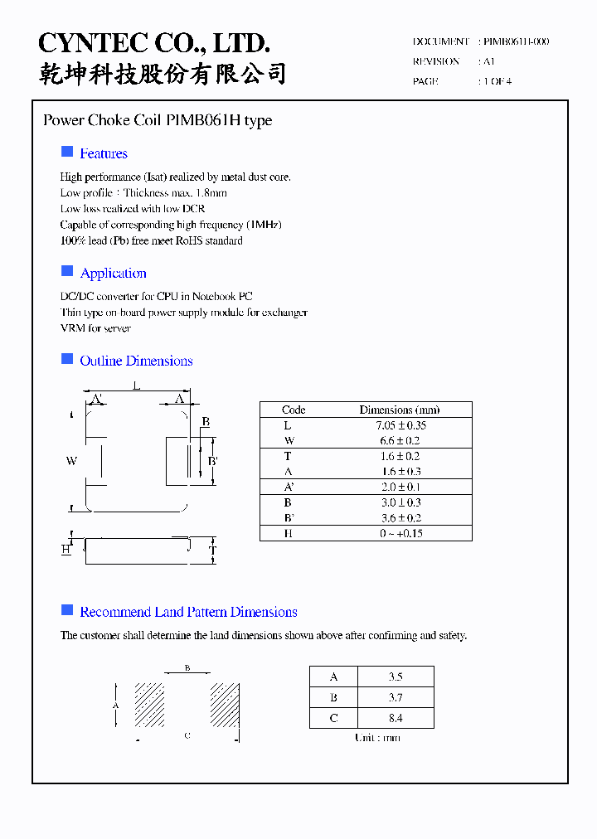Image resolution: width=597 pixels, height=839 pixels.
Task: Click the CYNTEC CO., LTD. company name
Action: tap(154, 43)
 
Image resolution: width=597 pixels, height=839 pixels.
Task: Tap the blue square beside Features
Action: tap(67, 152)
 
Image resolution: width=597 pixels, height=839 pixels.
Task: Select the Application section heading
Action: tap(113, 274)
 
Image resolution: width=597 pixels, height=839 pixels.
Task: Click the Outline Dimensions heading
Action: tap(136, 361)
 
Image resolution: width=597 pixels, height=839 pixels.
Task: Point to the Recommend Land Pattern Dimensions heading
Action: tap(188, 612)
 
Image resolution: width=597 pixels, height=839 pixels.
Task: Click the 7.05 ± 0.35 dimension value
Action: tap(400, 425)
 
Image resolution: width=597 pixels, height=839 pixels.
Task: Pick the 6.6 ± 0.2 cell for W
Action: tap(400, 440)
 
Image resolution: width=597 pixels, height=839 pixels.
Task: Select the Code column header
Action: tap(294, 410)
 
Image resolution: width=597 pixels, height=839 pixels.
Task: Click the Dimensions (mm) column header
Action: tap(400, 410)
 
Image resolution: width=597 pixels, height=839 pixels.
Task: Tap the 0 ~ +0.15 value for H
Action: tap(401, 533)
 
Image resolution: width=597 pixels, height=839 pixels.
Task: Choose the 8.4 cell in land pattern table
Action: tap(395, 718)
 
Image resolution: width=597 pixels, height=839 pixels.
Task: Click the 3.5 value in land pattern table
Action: tap(395, 677)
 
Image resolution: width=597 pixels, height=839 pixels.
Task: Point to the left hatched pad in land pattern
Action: tap(149, 705)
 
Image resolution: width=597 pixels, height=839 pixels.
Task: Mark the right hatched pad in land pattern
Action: tap(224, 705)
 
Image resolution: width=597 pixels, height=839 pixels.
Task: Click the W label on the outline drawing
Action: tap(71, 461)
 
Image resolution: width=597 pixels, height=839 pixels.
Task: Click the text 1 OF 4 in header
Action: tap(498, 81)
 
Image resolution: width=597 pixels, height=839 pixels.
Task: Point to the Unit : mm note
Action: tap(377, 738)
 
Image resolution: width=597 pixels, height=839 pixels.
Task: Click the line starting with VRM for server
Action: tap(95, 328)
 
